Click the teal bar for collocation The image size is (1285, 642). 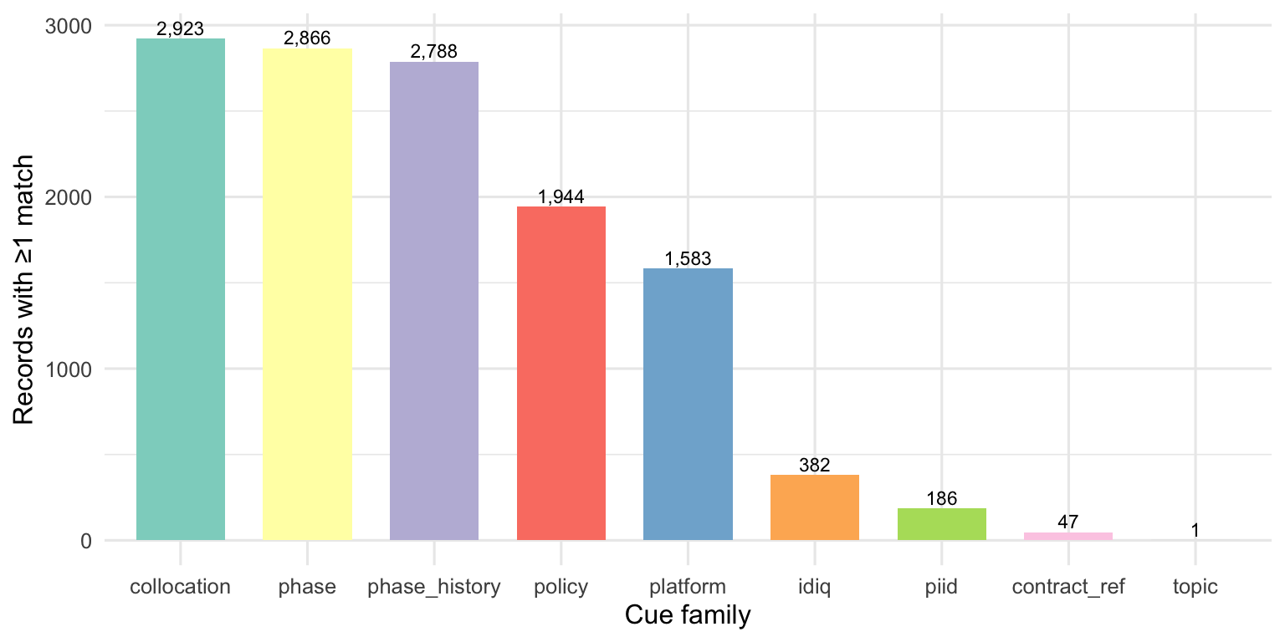pyautogui.click(x=181, y=289)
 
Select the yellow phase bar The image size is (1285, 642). pyautogui.click(x=307, y=294)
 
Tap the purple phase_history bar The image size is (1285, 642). pyautogui.click(x=434, y=301)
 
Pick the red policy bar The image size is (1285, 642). pyautogui.click(x=561, y=373)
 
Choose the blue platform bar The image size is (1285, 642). pyautogui.click(x=688, y=404)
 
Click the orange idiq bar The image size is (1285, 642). pyautogui.click(x=815, y=507)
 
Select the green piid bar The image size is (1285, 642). pyautogui.click(x=941, y=524)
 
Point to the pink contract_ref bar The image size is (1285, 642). pyautogui.click(x=1068, y=536)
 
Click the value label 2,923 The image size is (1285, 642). pyautogui.click(x=181, y=29)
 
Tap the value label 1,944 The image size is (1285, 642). pyautogui.click(x=561, y=197)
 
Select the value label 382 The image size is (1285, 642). pyautogui.click(x=815, y=466)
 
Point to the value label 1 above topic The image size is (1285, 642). pyautogui.click(x=1195, y=531)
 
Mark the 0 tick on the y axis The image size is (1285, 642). pyautogui.click(x=86, y=541)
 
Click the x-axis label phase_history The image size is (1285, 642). pyautogui.click(x=434, y=587)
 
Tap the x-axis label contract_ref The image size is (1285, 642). pyautogui.click(x=1068, y=587)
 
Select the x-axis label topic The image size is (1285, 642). pyautogui.click(x=1195, y=587)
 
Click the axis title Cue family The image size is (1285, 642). pyautogui.click(x=688, y=617)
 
